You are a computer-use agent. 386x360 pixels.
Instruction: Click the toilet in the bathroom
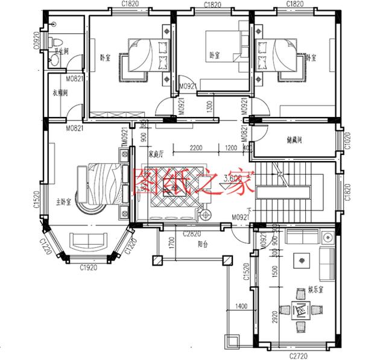click(55, 41)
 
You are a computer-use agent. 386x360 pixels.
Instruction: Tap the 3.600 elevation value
click(235, 177)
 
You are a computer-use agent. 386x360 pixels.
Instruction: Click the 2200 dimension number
click(195, 148)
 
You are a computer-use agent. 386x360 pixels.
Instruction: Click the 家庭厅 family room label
click(157, 153)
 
